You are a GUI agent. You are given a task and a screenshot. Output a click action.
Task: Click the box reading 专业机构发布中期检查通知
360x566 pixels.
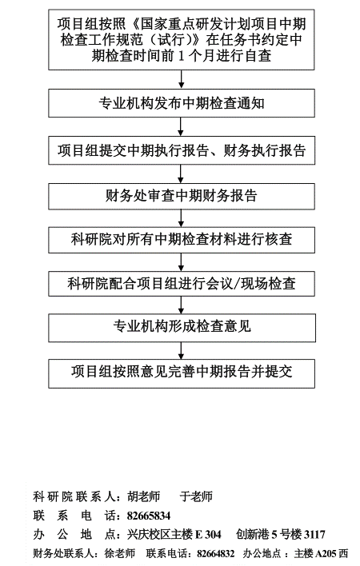click(182, 103)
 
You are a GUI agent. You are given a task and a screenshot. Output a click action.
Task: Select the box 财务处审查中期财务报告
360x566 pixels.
click(182, 196)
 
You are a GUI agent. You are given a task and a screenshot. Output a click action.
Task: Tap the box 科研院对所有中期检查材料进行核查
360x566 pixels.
click(182, 240)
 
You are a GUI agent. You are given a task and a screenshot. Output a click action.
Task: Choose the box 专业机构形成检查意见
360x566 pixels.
click(182, 328)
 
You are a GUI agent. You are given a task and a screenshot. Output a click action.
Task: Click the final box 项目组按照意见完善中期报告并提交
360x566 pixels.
click(182, 373)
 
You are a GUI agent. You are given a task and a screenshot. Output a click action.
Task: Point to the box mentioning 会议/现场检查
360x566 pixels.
click(182, 283)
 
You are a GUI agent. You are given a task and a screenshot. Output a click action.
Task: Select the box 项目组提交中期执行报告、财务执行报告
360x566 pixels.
click(182, 150)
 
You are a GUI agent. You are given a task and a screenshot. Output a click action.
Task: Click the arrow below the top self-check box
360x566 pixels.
click(181, 79)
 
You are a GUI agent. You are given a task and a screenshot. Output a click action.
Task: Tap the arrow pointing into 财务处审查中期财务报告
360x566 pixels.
click(181, 174)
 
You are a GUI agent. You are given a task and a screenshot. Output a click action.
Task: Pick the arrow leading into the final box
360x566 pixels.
click(181, 350)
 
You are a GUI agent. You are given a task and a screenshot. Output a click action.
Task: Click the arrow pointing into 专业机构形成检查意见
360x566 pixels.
click(181, 305)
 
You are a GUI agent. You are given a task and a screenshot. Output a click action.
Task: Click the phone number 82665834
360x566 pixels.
click(149, 516)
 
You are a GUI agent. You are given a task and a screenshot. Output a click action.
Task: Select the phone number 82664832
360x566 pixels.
click(215, 553)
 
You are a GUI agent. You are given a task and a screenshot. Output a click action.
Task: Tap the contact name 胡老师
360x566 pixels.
click(143, 496)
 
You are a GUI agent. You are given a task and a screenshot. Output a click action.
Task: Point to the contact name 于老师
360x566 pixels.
click(196, 496)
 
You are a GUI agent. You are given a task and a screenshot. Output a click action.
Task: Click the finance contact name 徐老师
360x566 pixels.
click(120, 553)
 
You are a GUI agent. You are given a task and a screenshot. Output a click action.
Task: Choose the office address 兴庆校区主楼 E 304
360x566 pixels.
click(174, 534)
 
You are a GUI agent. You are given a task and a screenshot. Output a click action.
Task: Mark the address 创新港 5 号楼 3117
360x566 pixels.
click(281, 534)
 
